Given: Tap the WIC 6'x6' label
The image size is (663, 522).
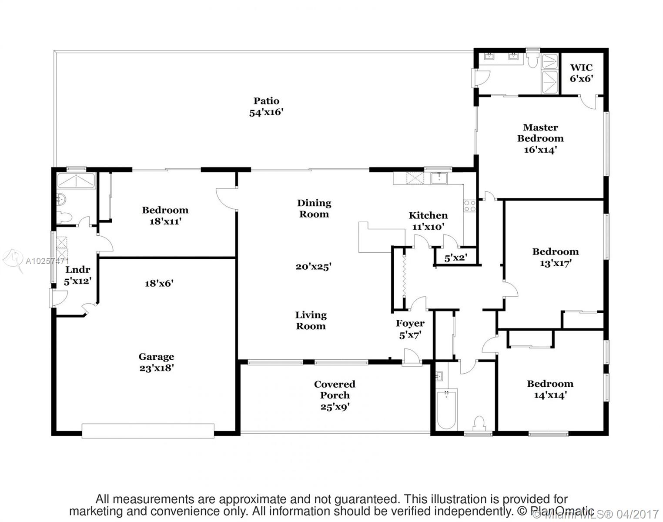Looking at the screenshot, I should [x=581, y=73].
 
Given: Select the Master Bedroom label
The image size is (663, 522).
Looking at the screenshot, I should [x=540, y=138].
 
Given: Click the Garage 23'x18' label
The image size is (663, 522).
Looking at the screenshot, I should [x=156, y=362].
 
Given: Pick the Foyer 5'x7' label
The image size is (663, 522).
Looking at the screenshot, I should [x=410, y=329].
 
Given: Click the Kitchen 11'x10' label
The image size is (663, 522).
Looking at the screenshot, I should [x=428, y=221].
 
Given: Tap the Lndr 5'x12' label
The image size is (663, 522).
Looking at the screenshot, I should [x=77, y=275].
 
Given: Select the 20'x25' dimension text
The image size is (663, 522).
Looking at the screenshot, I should [x=313, y=267].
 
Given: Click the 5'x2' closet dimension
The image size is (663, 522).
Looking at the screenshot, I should [x=455, y=258].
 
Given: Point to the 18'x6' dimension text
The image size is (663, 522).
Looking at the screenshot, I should [x=159, y=284].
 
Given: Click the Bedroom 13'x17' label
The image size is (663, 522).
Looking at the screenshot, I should [x=556, y=257].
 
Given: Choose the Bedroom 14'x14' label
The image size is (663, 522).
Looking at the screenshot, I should [x=550, y=389].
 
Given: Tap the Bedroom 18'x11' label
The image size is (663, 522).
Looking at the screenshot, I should [x=165, y=215].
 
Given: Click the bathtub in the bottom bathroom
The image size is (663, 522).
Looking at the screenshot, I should [x=446, y=409].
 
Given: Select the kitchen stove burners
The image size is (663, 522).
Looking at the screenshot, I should [x=470, y=206].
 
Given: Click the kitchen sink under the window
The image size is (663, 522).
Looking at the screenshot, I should [x=439, y=178].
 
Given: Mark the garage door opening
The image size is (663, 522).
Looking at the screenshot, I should [x=148, y=431].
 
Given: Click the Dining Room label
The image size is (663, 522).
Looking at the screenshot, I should [x=314, y=208].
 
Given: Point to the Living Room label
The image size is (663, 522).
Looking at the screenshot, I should [x=311, y=321].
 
